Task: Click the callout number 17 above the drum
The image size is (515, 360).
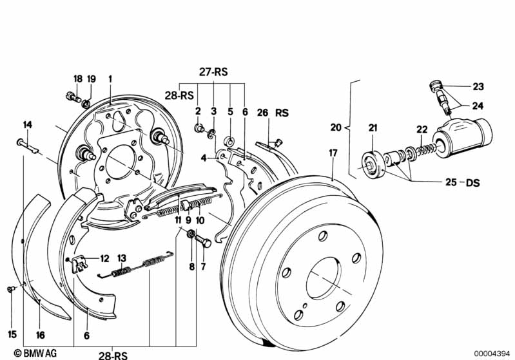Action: (x=333, y=153)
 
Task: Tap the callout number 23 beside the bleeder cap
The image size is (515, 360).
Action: (x=478, y=86)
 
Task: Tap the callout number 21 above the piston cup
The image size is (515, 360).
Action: (x=372, y=129)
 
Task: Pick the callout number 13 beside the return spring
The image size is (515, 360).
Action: (x=121, y=257)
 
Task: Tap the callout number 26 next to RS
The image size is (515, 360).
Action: (x=262, y=112)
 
